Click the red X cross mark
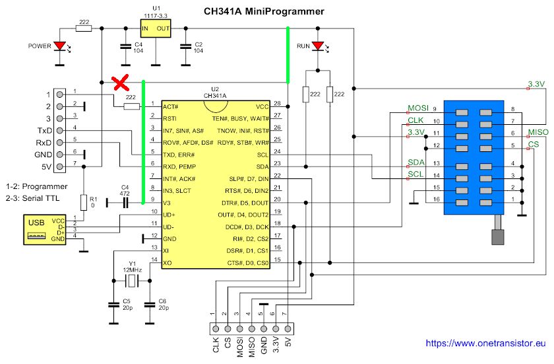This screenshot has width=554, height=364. tap(119, 83)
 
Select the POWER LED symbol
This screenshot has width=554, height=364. tap(61, 47)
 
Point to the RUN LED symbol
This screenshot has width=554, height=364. tap(319, 47)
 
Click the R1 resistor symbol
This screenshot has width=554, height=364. tap(84, 202)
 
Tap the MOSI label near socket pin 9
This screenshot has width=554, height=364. tap(418, 108)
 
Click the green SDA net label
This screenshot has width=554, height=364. tap(415, 163)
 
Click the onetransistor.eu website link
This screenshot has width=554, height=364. tap(487, 344)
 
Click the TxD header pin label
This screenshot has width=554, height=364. tap(44, 130)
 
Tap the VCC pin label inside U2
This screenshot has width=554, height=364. tap(262, 106)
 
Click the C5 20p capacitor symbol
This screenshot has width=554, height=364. tap(113, 305)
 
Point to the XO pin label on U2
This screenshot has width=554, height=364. tap(169, 262)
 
